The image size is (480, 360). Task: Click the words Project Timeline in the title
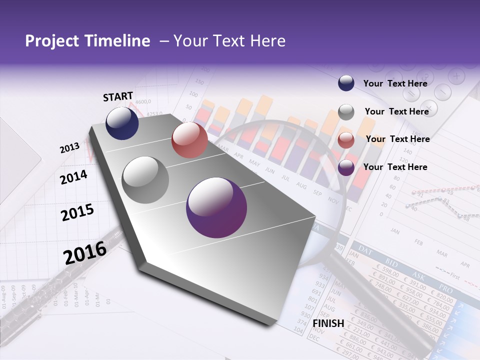[x=87, y=41]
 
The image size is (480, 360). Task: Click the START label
[x=118, y=96]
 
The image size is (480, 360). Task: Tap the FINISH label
[x=328, y=323]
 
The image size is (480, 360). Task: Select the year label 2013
[x=70, y=148]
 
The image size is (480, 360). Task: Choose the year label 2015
[x=77, y=212]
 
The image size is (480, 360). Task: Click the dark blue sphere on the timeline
[x=122, y=123]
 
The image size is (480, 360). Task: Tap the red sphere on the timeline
[x=189, y=140]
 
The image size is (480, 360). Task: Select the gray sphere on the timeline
[x=145, y=180]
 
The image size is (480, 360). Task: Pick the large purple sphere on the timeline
[x=216, y=207]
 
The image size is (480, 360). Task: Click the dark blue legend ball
[x=346, y=83]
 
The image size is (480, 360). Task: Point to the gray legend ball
[x=346, y=112]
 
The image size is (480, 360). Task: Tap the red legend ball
[x=346, y=140]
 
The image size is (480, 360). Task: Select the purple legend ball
[x=346, y=168]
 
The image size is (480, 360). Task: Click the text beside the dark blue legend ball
[x=395, y=83]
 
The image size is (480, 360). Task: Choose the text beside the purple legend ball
[x=395, y=167]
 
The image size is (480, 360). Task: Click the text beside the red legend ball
[x=397, y=139]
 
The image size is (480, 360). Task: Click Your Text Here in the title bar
[x=229, y=41]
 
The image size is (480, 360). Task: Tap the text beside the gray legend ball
[x=396, y=111]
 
